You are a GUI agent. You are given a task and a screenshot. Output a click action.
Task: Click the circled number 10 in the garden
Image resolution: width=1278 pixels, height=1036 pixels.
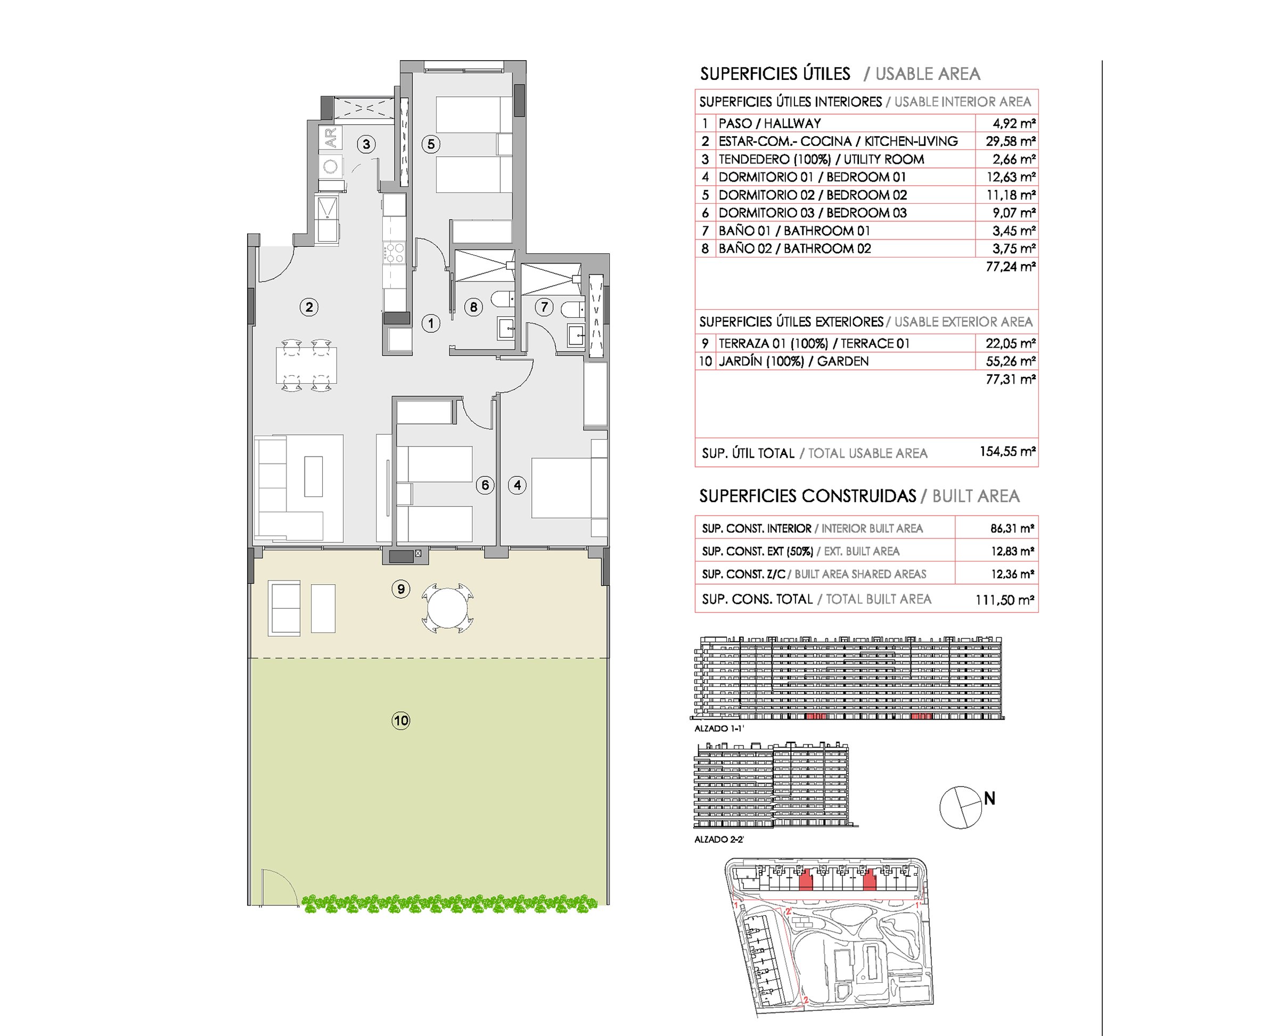coord(401,720)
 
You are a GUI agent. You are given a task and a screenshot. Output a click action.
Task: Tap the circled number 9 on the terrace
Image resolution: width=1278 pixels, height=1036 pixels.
coord(401,589)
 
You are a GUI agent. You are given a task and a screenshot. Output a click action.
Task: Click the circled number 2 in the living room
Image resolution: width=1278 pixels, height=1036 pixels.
coord(309,308)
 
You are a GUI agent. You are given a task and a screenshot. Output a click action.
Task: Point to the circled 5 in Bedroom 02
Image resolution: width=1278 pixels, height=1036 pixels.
coord(431,144)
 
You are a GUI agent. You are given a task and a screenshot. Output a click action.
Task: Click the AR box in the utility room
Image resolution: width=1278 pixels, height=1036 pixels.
coord(331,138)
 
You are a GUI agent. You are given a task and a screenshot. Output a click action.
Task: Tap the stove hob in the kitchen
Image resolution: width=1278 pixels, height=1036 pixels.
coord(394,252)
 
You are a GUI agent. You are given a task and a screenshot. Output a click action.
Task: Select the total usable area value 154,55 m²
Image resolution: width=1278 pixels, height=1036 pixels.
coord(1007,452)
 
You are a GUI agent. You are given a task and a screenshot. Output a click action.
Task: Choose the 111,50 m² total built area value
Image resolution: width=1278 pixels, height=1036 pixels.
coord(1004,600)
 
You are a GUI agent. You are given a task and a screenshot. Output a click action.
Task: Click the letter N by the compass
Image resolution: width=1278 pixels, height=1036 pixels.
coord(989,799)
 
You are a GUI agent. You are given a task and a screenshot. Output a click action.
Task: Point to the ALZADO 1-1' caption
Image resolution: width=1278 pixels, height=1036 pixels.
coord(719,728)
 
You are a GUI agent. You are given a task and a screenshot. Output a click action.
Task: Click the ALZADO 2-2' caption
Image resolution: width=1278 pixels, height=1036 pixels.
coord(719,840)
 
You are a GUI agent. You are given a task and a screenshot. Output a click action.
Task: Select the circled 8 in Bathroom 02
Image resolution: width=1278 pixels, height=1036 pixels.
coord(473,308)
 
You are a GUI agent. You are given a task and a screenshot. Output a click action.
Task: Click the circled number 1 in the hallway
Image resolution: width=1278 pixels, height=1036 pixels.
coord(431,324)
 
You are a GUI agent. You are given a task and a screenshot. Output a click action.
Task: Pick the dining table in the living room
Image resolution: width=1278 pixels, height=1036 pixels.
coord(305,365)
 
